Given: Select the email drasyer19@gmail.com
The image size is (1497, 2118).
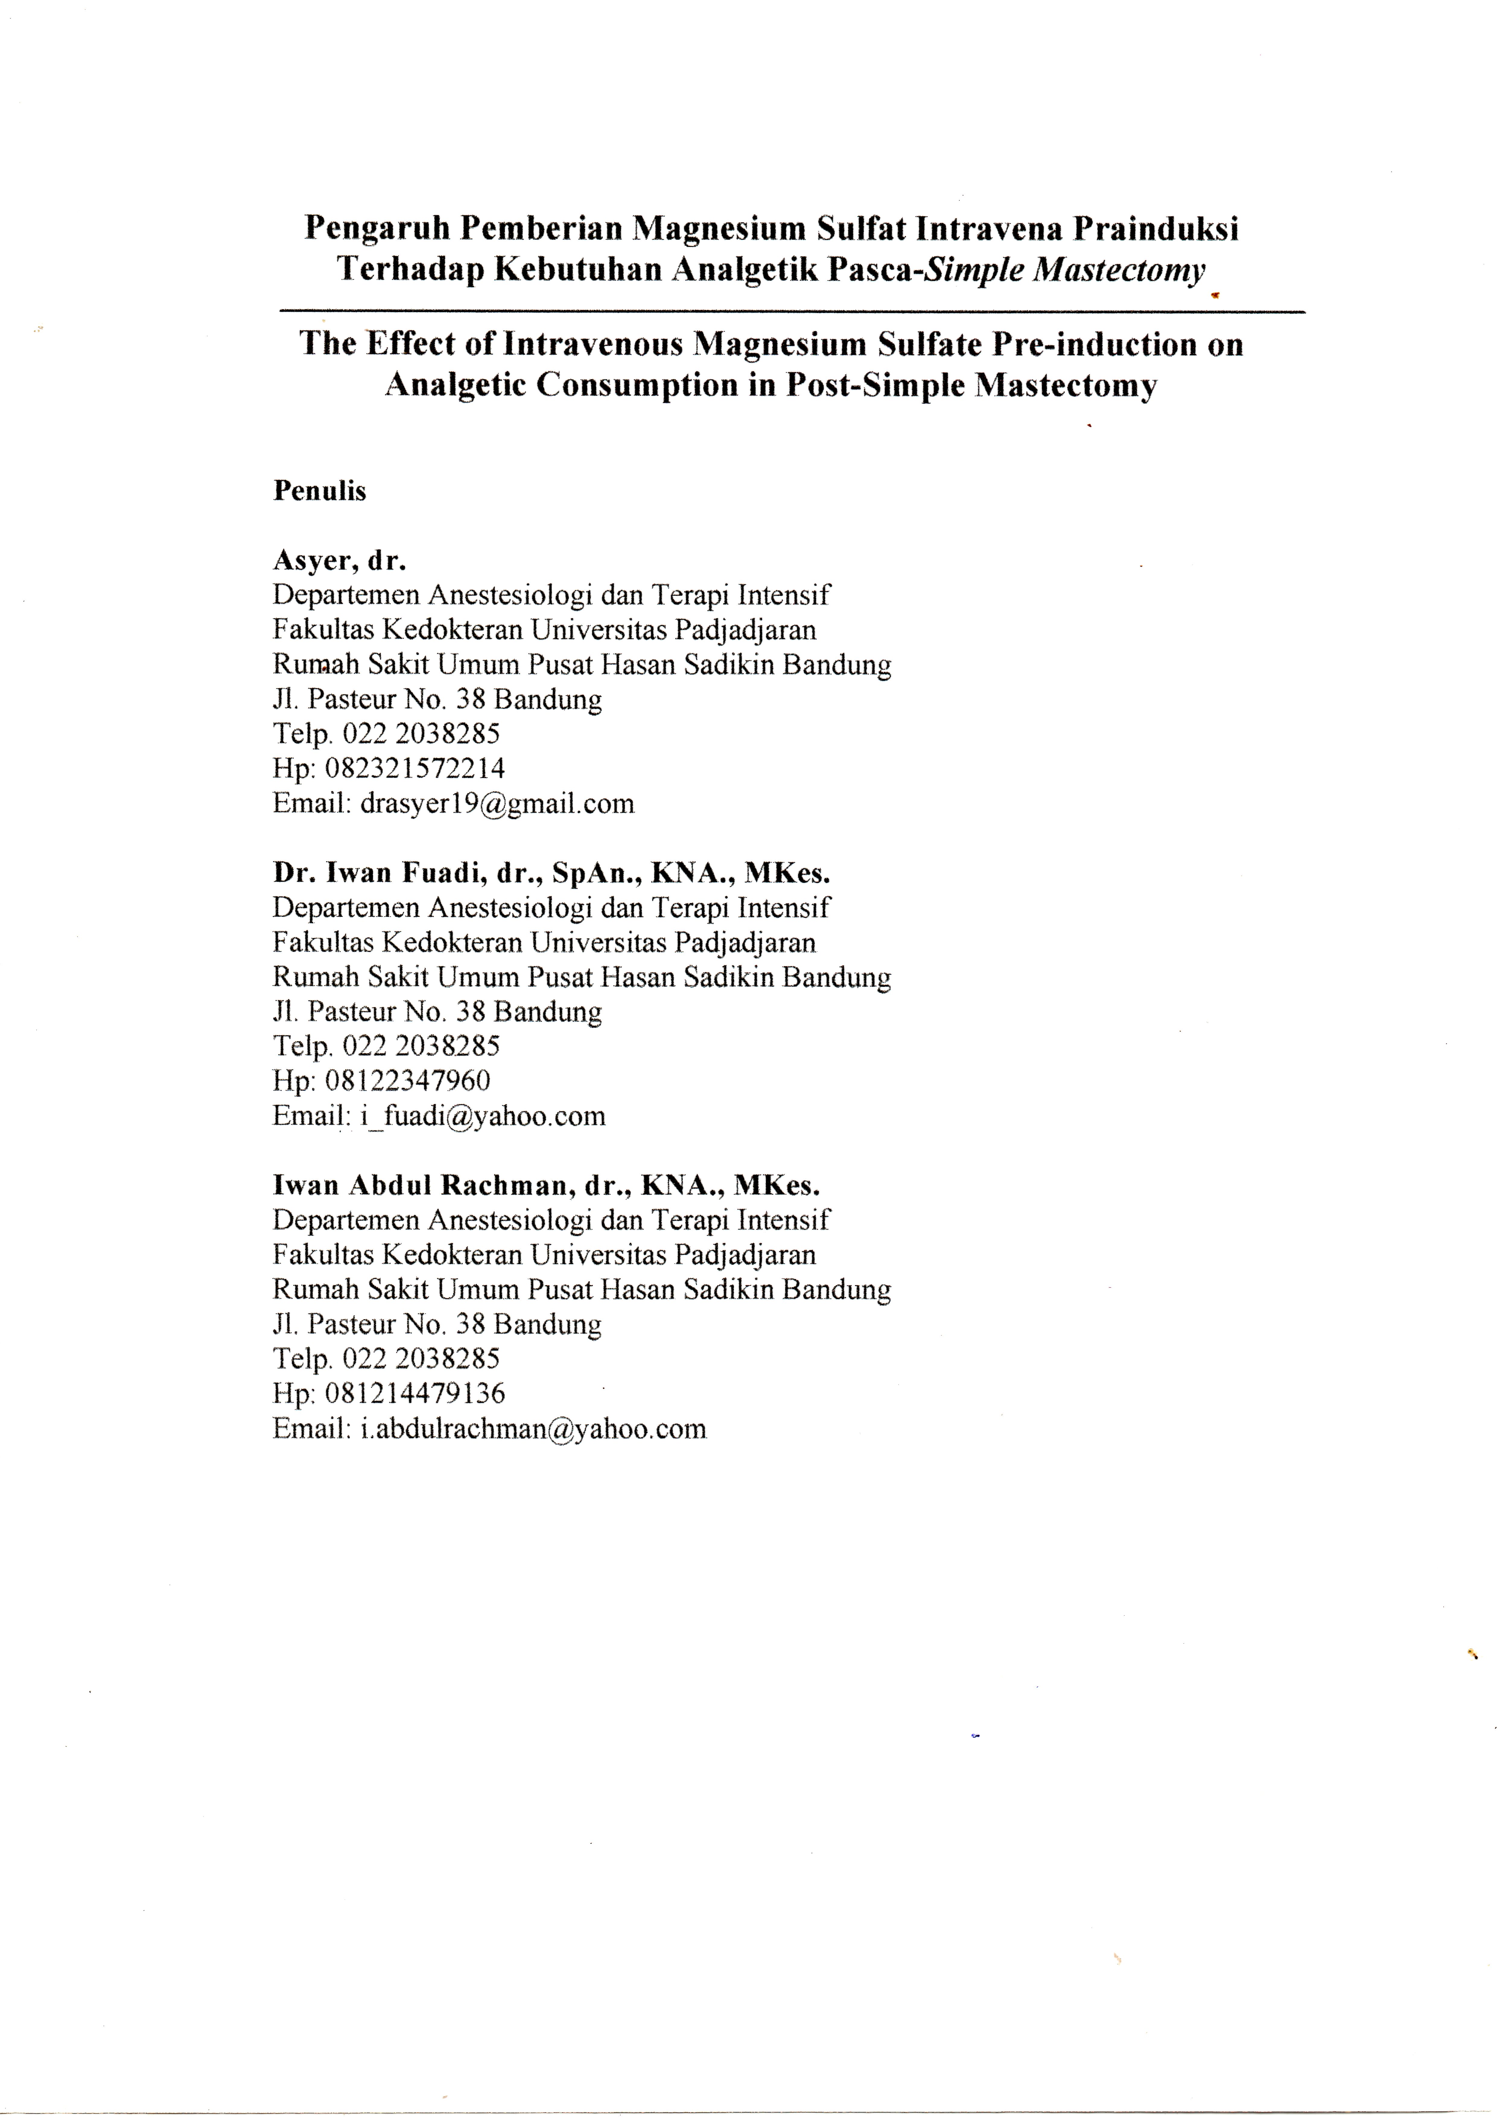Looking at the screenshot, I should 497,804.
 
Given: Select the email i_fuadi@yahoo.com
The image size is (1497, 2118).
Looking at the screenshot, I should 482,1116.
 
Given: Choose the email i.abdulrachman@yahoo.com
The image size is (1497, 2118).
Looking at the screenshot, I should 533,1429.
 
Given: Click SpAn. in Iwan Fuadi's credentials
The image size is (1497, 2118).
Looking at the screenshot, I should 596,873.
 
